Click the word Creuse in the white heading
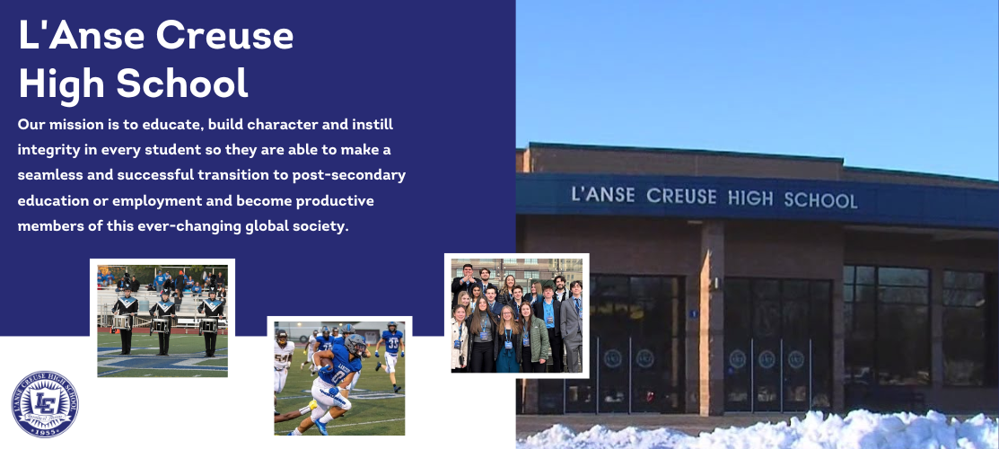pyautogui.click(x=224, y=35)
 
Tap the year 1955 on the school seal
pyautogui.click(x=44, y=430)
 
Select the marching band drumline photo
pyautogui.click(x=162, y=318)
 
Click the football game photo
pyautogui.click(x=339, y=377)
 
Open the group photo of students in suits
pyautogui.click(x=516, y=314)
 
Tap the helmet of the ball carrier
pyautogui.click(x=356, y=344)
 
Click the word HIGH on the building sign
pyautogui.click(x=750, y=198)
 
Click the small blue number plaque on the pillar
pyautogui.click(x=693, y=313)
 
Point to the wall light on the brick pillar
pyautogui.click(x=716, y=281)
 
